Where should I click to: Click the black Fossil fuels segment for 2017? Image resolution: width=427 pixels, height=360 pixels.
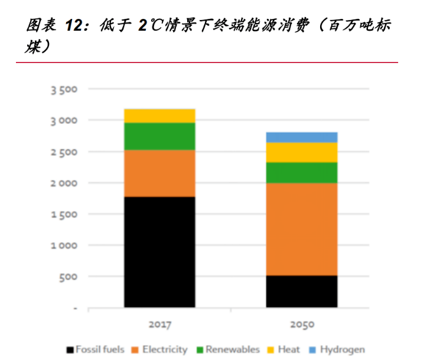tap(159, 252)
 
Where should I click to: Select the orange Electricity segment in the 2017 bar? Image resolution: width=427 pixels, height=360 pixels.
tap(159, 174)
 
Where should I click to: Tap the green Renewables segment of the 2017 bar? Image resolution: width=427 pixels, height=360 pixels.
tap(159, 136)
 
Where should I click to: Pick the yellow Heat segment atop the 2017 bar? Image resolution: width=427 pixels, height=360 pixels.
tap(159, 116)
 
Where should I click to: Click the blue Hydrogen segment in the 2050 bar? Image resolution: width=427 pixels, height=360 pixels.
tap(301, 138)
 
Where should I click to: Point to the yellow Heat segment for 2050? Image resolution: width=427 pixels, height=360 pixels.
tap(301, 153)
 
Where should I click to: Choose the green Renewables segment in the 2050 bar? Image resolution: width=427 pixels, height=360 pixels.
tap(301, 173)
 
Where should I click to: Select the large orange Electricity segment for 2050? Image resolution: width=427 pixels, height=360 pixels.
tap(301, 229)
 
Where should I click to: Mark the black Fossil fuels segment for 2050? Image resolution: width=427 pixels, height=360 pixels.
tap(301, 292)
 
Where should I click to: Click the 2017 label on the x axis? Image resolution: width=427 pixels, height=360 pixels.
tap(159, 325)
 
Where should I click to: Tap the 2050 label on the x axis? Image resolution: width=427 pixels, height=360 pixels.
tap(302, 325)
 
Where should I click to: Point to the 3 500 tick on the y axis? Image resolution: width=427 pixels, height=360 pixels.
tap(64, 90)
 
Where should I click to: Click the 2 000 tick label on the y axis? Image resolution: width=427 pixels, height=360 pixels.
tap(64, 183)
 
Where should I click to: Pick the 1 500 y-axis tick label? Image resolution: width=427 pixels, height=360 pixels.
tap(64, 214)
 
